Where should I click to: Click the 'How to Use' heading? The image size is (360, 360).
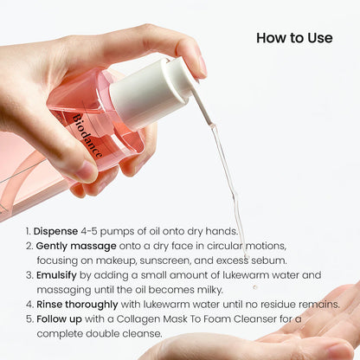click(x=294, y=38)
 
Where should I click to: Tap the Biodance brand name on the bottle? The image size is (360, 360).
click(x=87, y=133)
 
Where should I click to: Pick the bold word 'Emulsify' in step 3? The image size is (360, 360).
click(x=58, y=275)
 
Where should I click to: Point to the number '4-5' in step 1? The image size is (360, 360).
click(x=90, y=232)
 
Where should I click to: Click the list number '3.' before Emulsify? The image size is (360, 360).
click(x=29, y=275)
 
